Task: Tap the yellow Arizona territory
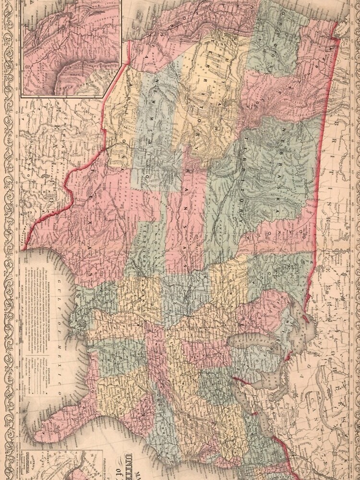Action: [120, 120]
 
